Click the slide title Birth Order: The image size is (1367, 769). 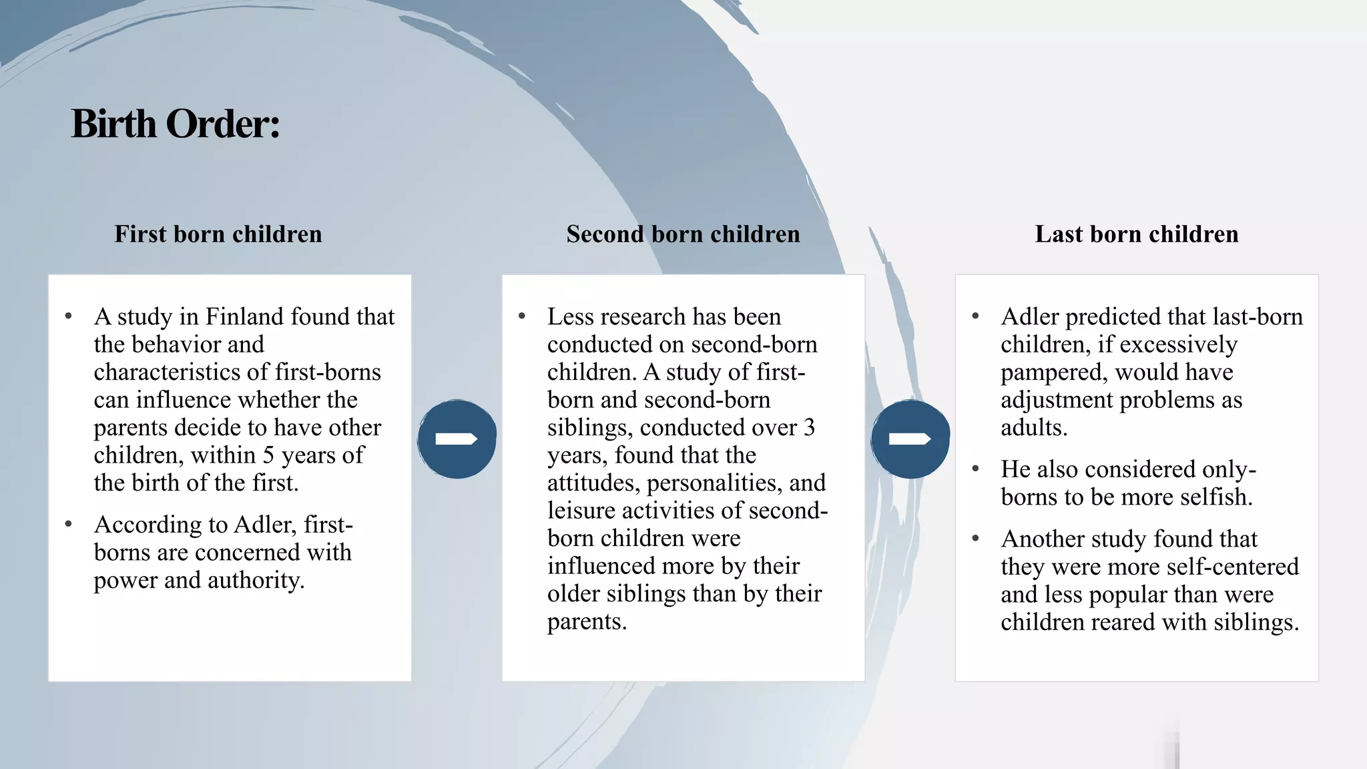click(x=176, y=124)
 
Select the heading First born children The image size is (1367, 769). click(x=218, y=234)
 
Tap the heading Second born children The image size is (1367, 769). click(x=683, y=234)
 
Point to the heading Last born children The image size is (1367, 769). click(x=1137, y=234)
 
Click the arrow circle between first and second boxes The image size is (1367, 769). click(x=457, y=439)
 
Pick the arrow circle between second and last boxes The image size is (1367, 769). click(x=910, y=439)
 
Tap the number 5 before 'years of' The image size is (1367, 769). click(x=268, y=455)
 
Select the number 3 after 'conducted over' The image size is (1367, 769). click(x=809, y=427)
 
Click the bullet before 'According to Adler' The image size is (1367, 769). click(x=69, y=525)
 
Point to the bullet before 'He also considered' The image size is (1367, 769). click(x=976, y=469)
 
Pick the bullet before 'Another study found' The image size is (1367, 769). click(x=976, y=539)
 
